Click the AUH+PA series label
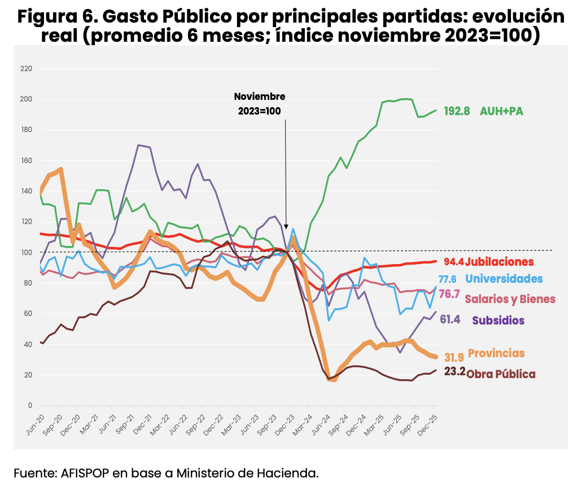click(501, 111)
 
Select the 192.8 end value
click(457, 111)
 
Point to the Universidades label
click(504, 279)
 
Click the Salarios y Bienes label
click(510, 299)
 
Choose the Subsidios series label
click(498, 320)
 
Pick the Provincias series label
click(496, 353)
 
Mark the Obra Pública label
click(501, 374)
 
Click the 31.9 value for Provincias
click(454, 357)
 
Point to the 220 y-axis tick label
click(26, 69)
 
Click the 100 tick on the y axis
click(26, 252)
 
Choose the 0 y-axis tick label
click(30, 406)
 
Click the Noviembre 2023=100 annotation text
click(260, 104)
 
